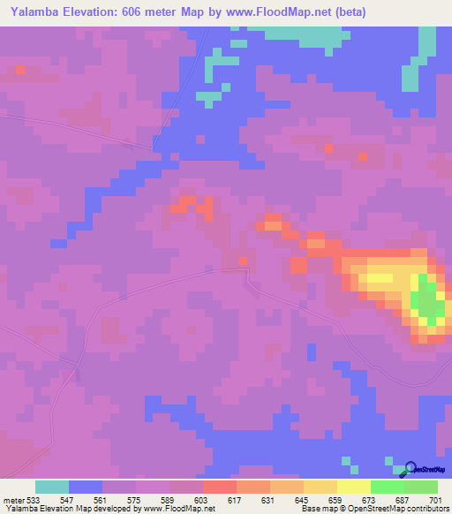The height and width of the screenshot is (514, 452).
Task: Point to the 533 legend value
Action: [34, 499]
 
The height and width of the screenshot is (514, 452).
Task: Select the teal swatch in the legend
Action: [52, 487]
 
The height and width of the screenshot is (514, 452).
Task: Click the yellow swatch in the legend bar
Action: [354, 487]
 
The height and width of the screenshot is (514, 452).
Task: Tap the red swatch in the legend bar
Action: [220, 487]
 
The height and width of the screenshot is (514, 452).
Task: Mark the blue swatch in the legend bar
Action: [86, 487]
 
